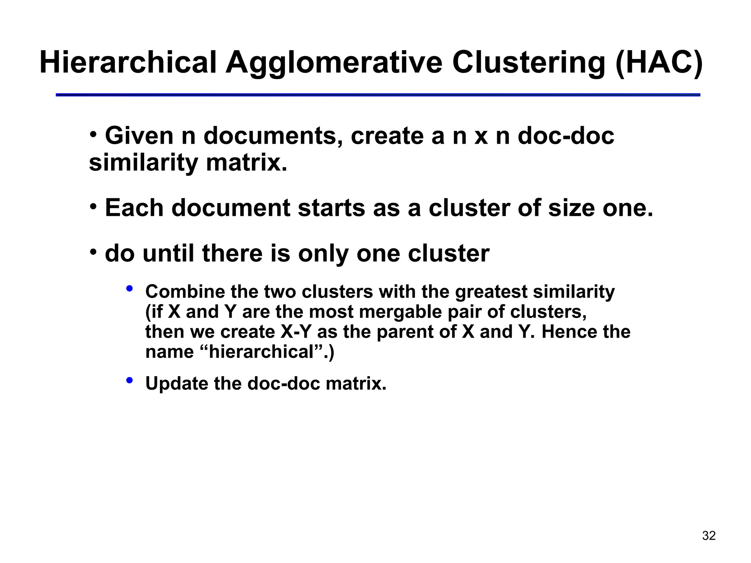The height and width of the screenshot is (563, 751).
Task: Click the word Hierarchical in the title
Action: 128,63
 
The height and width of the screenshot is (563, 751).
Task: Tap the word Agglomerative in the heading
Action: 334,63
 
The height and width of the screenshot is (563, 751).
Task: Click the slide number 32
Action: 709,536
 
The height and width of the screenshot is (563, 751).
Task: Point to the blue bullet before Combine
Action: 129,289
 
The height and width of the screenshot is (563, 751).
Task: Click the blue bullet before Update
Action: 129,380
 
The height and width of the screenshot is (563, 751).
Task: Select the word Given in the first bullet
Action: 139,136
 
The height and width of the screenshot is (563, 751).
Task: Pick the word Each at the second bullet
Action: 134,208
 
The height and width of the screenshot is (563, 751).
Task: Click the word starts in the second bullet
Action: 331,208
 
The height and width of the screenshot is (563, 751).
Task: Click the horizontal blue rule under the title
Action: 378,95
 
